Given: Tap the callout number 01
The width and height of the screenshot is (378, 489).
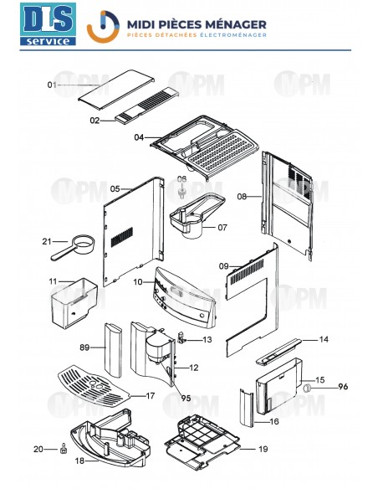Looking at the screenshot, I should point(52,85).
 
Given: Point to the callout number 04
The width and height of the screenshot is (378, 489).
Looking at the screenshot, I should point(140,136).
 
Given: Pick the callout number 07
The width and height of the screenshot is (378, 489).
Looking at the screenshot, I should point(222,227).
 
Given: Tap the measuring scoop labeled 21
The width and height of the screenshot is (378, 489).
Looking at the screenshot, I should point(71,245).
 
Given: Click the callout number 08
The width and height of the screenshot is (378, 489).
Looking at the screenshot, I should point(242,197).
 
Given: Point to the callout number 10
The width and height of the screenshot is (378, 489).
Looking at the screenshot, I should point(138,283).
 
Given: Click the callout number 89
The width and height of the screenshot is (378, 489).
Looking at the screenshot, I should point(84,347).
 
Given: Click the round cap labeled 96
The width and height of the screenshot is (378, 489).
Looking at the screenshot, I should point(308,387).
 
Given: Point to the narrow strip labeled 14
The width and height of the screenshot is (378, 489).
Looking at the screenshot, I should point(279,347).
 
